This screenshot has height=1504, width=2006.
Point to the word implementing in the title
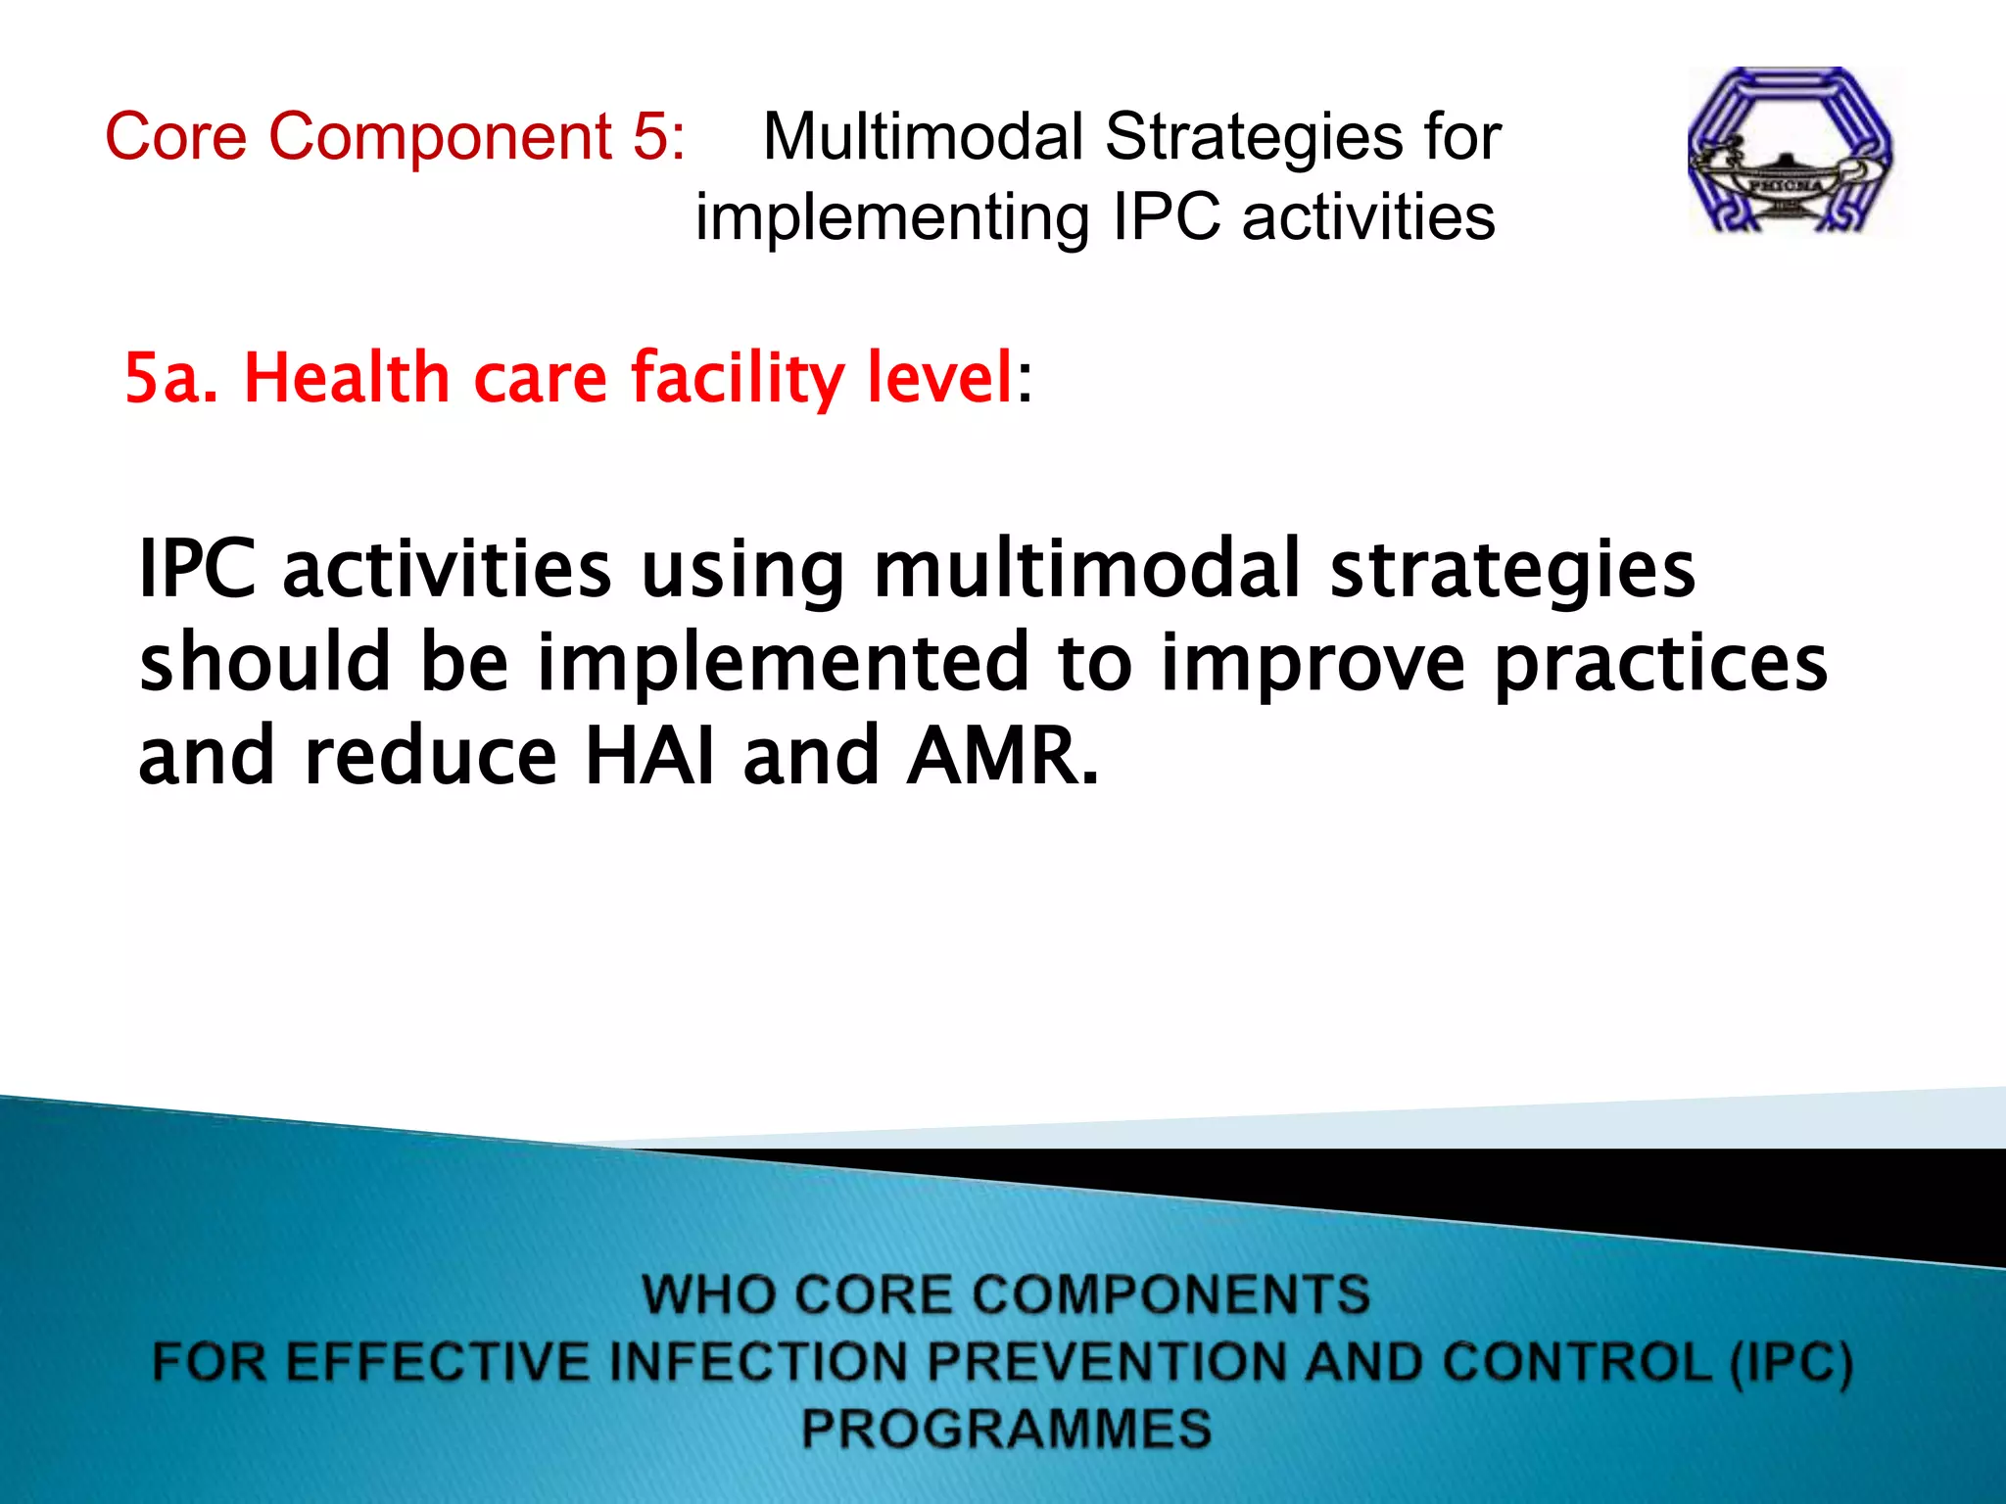tap(892, 217)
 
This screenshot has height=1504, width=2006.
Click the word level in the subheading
tap(939, 378)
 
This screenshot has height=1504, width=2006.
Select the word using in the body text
tap(742, 570)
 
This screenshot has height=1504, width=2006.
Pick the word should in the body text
tap(265, 662)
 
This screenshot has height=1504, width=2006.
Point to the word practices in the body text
tap(1659, 664)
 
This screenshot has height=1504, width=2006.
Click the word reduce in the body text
tap(430, 756)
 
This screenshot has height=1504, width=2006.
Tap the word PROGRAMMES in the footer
tap(1006, 1428)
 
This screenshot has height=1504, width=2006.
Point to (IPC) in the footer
tap(1791, 1362)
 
